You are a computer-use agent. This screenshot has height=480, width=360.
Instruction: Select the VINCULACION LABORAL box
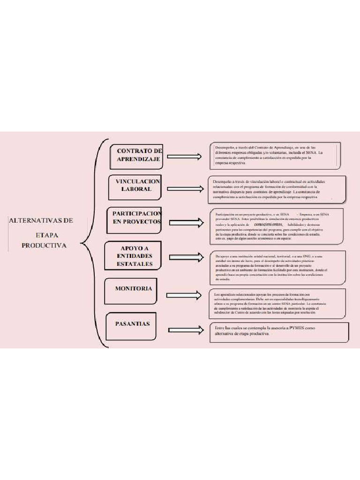(x=137, y=185)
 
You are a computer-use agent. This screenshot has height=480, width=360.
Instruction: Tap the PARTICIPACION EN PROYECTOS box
(x=136, y=217)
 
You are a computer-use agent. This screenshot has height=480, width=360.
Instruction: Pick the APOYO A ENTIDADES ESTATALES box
(x=135, y=256)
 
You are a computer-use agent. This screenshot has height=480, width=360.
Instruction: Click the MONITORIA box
(x=133, y=289)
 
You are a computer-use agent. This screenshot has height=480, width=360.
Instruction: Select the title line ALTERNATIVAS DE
(x=41, y=220)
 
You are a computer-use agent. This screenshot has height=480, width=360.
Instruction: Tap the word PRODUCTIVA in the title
(x=44, y=245)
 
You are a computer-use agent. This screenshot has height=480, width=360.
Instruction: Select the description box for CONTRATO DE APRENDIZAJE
(x=275, y=155)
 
